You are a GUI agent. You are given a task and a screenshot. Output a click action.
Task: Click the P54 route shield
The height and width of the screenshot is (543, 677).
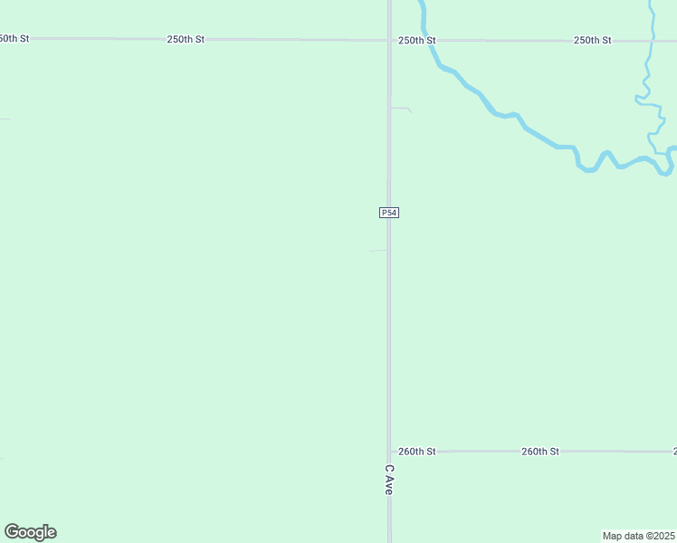[x=388, y=213]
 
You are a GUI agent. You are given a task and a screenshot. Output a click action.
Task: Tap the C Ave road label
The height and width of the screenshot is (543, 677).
[x=388, y=480]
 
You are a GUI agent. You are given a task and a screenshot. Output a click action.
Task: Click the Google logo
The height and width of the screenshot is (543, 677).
[x=30, y=532]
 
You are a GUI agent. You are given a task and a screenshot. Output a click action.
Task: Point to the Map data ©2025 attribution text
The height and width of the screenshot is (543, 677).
[x=639, y=536]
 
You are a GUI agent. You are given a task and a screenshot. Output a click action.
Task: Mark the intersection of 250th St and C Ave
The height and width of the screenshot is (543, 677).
[x=389, y=40]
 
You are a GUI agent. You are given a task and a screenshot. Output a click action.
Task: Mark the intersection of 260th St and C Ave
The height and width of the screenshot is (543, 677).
[x=389, y=451]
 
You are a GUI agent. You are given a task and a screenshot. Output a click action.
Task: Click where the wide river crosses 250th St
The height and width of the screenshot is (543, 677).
[x=424, y=40]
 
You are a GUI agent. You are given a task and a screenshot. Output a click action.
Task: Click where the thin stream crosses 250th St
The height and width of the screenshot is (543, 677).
[x=651, y=40]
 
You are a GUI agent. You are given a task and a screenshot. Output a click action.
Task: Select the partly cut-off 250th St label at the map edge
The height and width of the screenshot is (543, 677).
[x=14, y=39]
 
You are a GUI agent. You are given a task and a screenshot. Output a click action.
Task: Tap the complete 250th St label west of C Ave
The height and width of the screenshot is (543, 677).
[x=186, y=40]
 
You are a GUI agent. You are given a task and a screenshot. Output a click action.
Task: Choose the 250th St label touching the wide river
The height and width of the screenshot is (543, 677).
[x=417, y=41]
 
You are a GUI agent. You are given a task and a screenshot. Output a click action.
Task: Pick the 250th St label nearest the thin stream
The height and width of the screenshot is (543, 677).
[x=593, y=41]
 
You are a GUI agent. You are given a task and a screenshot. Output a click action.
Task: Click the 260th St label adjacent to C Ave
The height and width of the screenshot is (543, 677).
[x=417, y=451]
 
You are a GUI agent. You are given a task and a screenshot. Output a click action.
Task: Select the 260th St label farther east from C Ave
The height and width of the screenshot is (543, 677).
[x=540, y=451]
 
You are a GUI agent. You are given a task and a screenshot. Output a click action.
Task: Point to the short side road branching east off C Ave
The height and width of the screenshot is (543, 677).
[x=401, y=108]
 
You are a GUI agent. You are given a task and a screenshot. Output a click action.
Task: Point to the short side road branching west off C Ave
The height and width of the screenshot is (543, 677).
[x=377, y=251]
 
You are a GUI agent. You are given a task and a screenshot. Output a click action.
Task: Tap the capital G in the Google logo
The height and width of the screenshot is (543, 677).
[x=12, y=532]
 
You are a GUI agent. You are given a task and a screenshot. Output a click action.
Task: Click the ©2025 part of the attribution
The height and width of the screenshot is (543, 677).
[x=659, y=536]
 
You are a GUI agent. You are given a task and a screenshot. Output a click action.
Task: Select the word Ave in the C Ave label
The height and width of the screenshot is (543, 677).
[x=388, y=486]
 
